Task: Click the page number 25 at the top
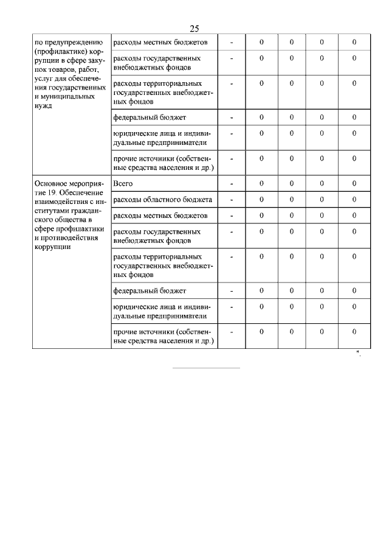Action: (x=194, y=29)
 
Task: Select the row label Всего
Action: (x=123, y=183)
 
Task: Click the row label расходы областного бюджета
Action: (x=162, y=199)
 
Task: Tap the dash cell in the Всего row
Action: (x=232, y=183)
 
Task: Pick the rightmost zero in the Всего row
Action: (x=354, y=183)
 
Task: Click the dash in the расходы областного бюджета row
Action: (x=232, y=199)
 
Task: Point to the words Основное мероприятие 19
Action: (x=68, y=188)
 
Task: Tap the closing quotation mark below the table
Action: (x=359, y=354)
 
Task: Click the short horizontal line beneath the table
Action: (x=207, y=368)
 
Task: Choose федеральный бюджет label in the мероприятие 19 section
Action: (x=150, y=290)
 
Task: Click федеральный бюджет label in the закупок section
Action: (x=150, y=116)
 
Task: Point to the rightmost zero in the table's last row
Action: (x=354, y=331)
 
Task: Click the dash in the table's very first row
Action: (x=232, y=43)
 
